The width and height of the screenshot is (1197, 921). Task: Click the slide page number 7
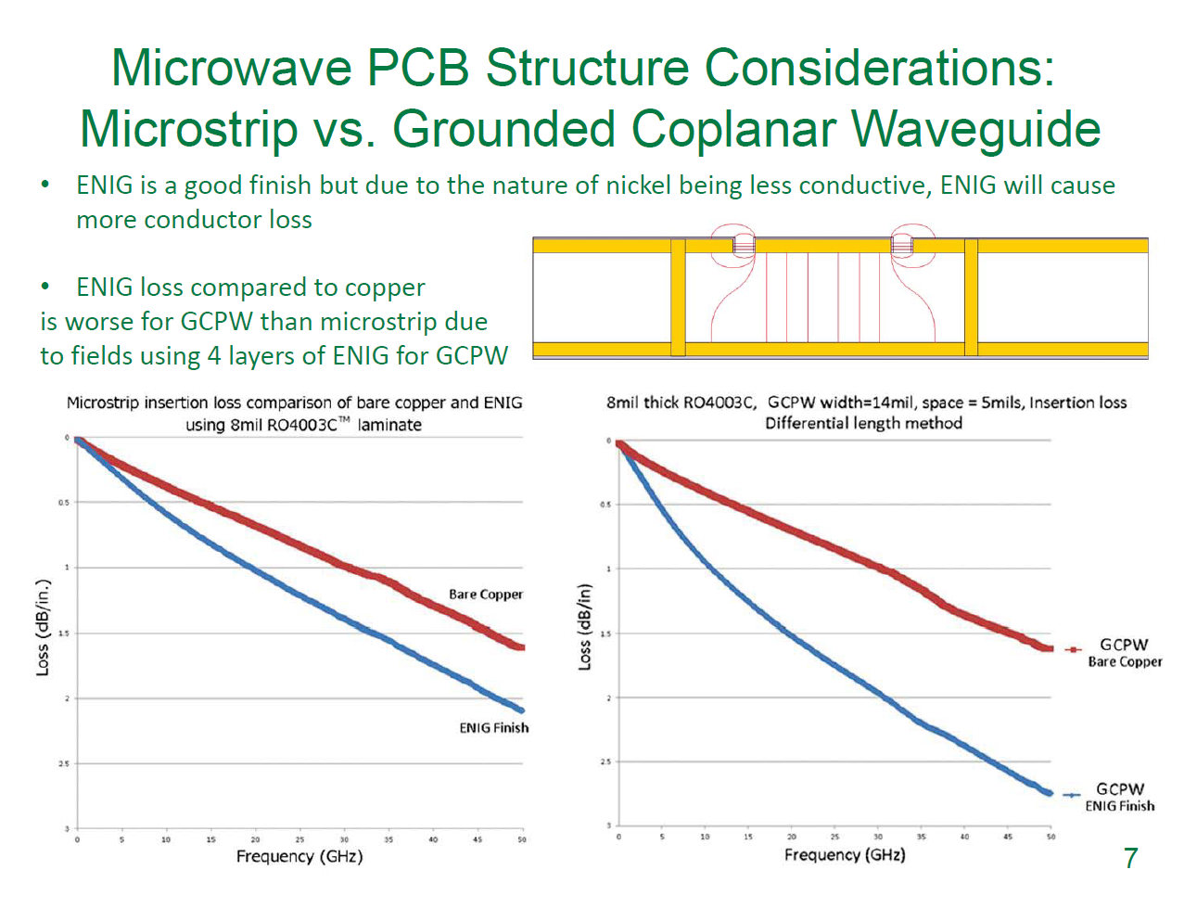tap(1130, 858)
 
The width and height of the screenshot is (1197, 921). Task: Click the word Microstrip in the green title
tap(188, 129)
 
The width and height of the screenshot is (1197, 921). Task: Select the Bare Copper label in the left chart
tap(486, 595)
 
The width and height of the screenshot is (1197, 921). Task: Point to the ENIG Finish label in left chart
tap(493, 728)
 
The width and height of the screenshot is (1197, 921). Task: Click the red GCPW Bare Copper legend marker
tap(1072, 649)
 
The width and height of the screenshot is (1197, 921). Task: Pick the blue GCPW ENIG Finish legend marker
tap(1072, 795)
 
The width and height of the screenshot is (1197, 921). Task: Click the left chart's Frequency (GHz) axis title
tap(299, 856)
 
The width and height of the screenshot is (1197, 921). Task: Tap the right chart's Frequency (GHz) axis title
tap(845, 854)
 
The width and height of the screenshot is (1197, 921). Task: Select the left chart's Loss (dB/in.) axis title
tap(43, 627)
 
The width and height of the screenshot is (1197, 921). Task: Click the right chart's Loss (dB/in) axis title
tap(584, 627)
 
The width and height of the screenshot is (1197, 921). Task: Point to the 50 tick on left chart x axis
tap(522, 839)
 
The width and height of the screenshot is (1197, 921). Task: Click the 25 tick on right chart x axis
tap(834, 837)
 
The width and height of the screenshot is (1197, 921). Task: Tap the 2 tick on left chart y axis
tap(67, 698)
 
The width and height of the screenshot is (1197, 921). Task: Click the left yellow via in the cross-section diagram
tap(678, 297)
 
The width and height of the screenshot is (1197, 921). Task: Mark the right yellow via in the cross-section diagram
tap(971, 297)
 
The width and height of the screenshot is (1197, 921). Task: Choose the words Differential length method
tap(863, 424)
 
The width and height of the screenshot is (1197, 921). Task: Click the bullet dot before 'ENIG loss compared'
tap(45, 287)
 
